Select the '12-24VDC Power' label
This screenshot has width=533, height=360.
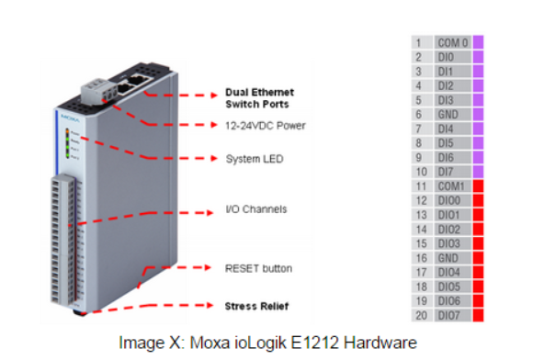click(266, 126)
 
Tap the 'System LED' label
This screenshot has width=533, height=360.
click(255, 159)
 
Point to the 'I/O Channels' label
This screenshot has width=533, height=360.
click(256, 209)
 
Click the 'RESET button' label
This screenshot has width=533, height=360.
click(258, 268)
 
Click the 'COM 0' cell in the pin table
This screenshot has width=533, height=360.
click(453, 43)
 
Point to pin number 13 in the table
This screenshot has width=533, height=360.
click(422, 215)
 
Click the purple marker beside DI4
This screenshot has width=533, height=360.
click(478, 129)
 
